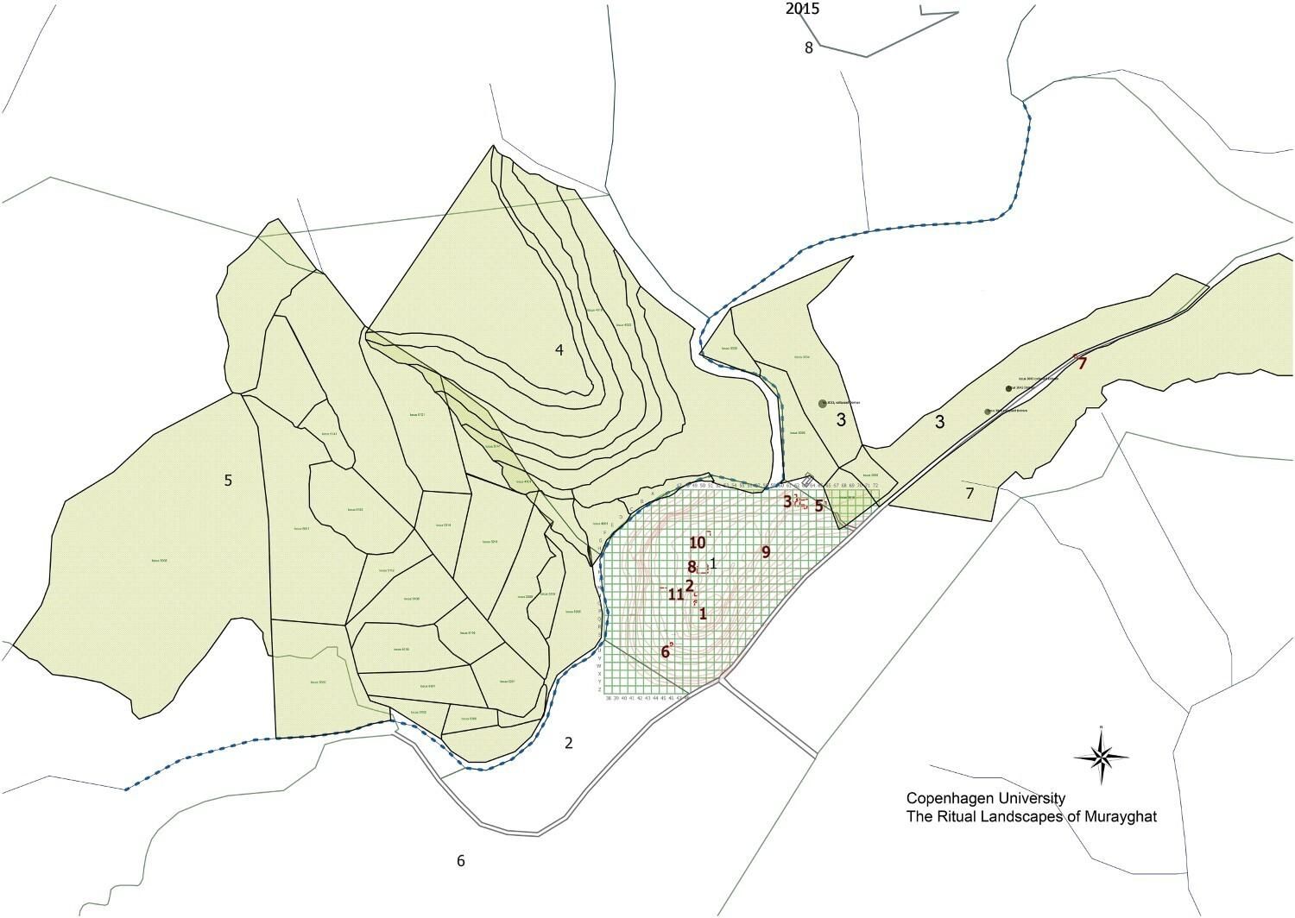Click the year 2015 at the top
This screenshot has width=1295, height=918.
[x=802, y=9]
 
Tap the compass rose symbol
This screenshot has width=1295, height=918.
[x=1101, y=757]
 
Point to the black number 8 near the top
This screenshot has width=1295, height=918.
[x=809, y=48]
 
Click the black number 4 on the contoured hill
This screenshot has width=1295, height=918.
[x=559, y=349]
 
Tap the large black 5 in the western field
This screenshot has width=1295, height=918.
[x=228, y=481]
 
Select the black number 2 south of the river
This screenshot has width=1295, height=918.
[x=568, y=744]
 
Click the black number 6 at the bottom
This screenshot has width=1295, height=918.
[x=461, y=860]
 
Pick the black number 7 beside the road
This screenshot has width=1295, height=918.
[x=970, y=494]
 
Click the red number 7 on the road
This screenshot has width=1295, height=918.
[x=1082, y=363]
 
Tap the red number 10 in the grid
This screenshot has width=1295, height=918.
[x=698, y=543]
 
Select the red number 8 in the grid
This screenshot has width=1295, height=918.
[x=692, y=567]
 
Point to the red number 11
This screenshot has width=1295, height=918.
[x=676, y=594]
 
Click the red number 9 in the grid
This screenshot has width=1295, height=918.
[x=765, y=551]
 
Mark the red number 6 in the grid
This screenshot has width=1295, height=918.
[x=666, y=651]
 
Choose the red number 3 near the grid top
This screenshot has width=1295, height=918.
[x=787, y=500]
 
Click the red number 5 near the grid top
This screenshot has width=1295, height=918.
[x=818, y=506]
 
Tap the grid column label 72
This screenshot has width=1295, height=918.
[x=875, y=486]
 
